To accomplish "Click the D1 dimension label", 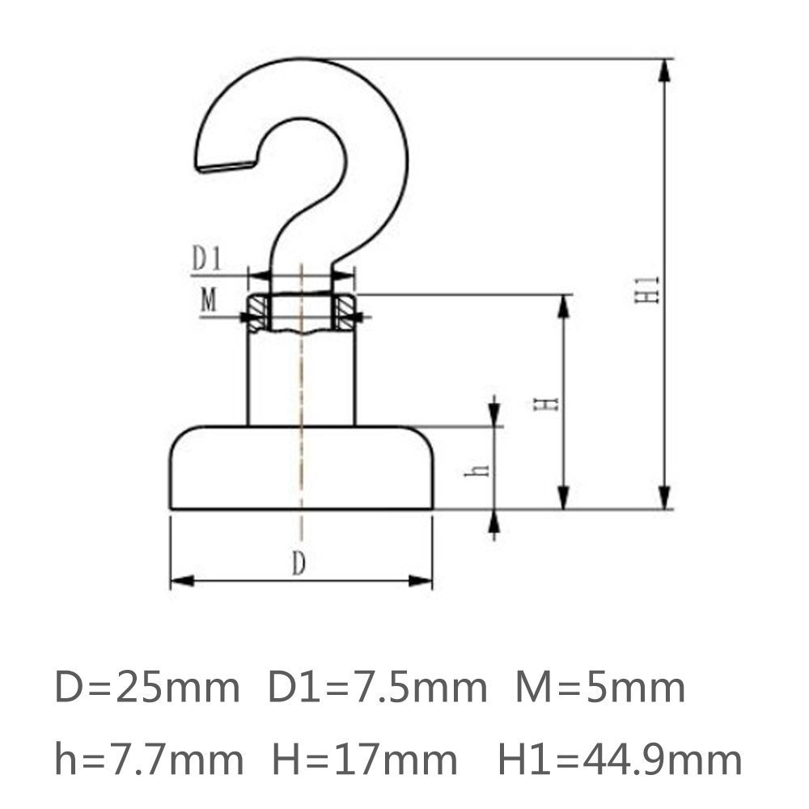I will [207, 258].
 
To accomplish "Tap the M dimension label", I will [209, 301].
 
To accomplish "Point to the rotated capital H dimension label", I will [550, 402].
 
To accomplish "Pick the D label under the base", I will [299, 565].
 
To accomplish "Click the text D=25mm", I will [147, 689].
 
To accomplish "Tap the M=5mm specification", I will [600, 689].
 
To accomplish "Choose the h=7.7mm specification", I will [149, 760].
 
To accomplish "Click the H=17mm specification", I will [365, 760].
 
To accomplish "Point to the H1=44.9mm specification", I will [619, 760].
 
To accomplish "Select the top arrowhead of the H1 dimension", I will [664, 70].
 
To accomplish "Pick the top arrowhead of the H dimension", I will [564, 306].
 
